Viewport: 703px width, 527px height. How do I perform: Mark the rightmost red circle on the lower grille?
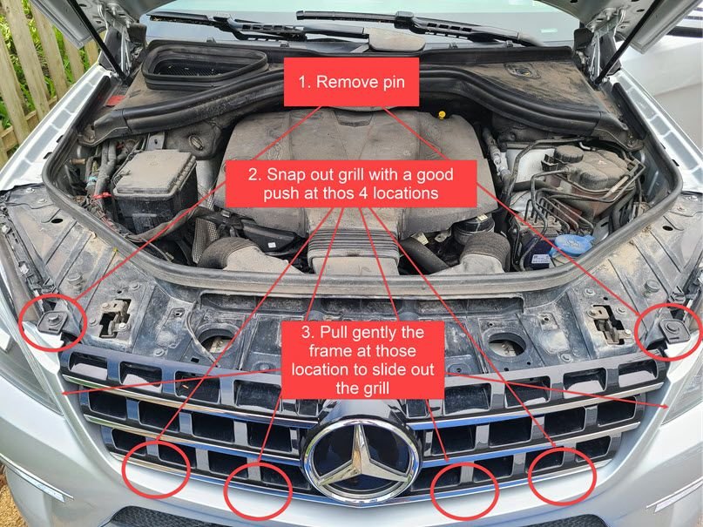pyautogui.click(x=564, y=476)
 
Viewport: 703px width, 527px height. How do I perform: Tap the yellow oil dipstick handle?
pyautogui.click(x=443, y=114)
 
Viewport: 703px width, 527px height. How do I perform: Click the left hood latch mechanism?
pyautogui.click(x=114, y=317)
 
